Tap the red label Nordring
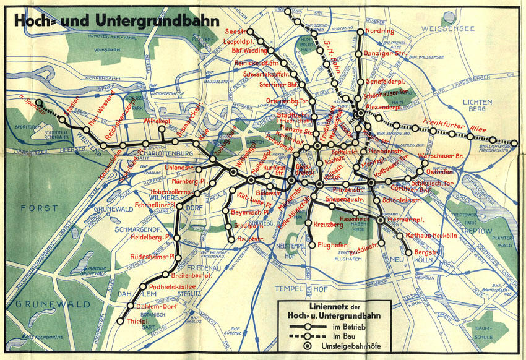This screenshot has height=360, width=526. tap(379, 31)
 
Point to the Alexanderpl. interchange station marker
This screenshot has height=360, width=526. tap(360, 113)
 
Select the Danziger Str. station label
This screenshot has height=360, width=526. tap(382, 54)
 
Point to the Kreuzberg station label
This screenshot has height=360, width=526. tap(328, 223)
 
